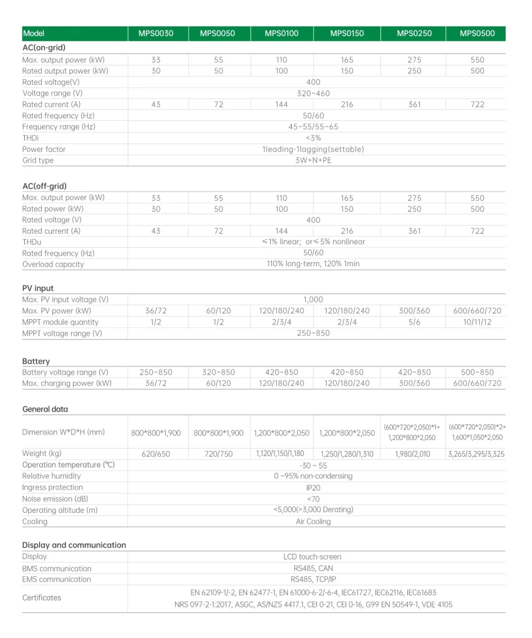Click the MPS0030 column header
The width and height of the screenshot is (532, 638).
155,34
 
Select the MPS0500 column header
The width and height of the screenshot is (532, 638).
477,34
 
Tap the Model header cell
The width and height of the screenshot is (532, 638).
34,34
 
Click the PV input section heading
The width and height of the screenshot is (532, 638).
38,288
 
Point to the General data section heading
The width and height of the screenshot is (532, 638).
45,409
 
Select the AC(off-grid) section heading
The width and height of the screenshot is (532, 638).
44,186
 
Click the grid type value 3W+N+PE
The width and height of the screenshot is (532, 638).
313,161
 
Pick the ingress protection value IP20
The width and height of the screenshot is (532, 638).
313,488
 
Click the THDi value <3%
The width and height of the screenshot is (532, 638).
313,138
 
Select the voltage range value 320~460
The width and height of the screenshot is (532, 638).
313,93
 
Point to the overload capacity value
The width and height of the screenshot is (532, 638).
313,264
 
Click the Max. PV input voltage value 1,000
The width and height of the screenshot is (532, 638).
313,300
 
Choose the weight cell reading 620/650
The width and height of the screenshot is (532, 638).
156,454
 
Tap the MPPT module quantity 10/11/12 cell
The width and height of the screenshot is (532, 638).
477,322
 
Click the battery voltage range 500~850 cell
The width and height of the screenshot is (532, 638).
477,373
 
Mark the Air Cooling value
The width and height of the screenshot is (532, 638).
313,521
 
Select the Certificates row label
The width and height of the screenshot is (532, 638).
42,598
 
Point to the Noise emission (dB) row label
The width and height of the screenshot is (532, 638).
56,499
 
